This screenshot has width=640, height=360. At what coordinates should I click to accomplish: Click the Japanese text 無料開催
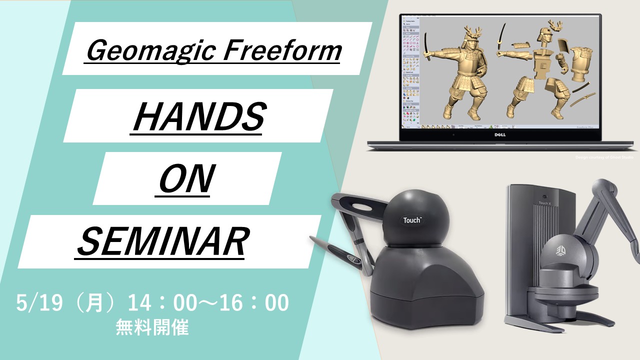tap(152, 328)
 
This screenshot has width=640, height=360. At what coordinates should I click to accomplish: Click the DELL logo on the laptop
tap(500, 134)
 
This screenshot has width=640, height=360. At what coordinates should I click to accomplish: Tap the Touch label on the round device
tap(412, 219)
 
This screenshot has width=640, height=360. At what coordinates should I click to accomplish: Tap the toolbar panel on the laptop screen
tap(411, 72)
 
